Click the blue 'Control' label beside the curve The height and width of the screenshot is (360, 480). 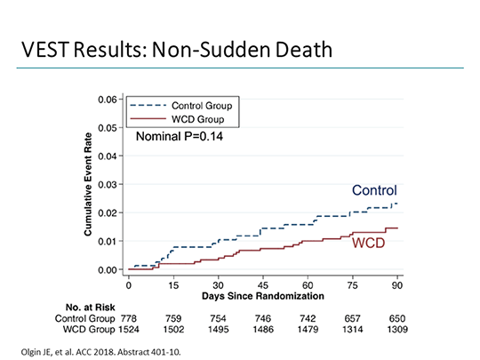click(373, 190)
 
